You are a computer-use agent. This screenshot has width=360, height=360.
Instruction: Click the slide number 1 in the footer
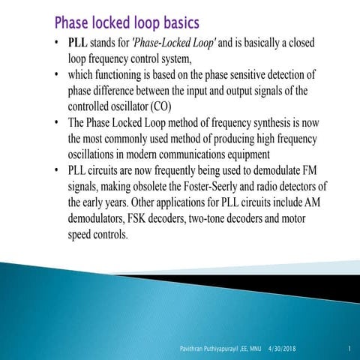349,349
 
